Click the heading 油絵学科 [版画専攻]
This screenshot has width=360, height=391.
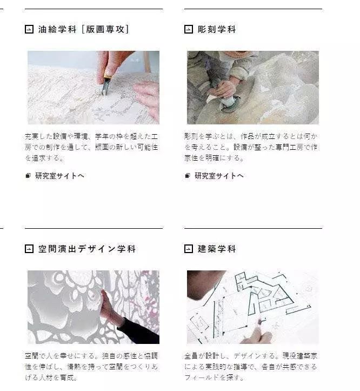84,29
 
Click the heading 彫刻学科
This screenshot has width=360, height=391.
217,29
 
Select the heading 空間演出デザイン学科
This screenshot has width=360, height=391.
87,249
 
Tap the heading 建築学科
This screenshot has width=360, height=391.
217,249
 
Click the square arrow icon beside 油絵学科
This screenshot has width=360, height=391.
29,29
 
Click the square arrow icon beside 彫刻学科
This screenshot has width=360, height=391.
189,29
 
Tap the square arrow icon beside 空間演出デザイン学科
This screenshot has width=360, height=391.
29,249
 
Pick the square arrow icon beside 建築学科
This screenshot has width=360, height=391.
189,249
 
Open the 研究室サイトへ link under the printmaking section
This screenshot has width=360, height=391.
59,176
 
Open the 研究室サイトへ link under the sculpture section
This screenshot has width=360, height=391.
219,176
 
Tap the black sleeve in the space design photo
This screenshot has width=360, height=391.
139,331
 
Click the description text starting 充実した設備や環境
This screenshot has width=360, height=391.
91,147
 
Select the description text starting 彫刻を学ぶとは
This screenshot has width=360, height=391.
251,147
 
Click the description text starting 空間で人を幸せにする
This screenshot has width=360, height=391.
91,367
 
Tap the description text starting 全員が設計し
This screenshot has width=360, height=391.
251,367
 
